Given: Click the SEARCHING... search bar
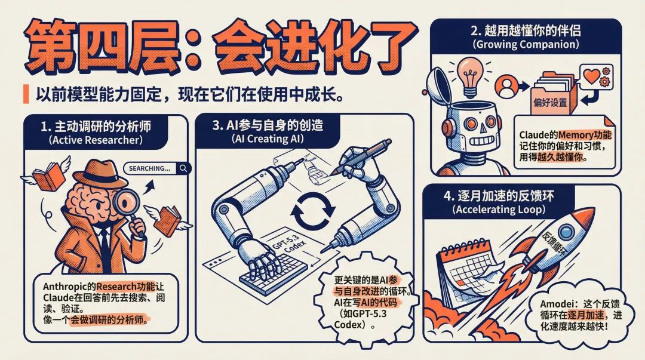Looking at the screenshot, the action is tap(157, 168).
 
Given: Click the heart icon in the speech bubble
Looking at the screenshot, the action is tap(591, 76).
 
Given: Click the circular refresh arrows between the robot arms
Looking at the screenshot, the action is tap(312, 211).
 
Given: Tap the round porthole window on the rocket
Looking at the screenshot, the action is tap(566, 232).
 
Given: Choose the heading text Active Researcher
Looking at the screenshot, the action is tap(96, 140).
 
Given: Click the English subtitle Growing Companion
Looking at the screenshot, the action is tap(526, 44).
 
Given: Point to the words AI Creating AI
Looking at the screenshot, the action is tap(268, 139).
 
